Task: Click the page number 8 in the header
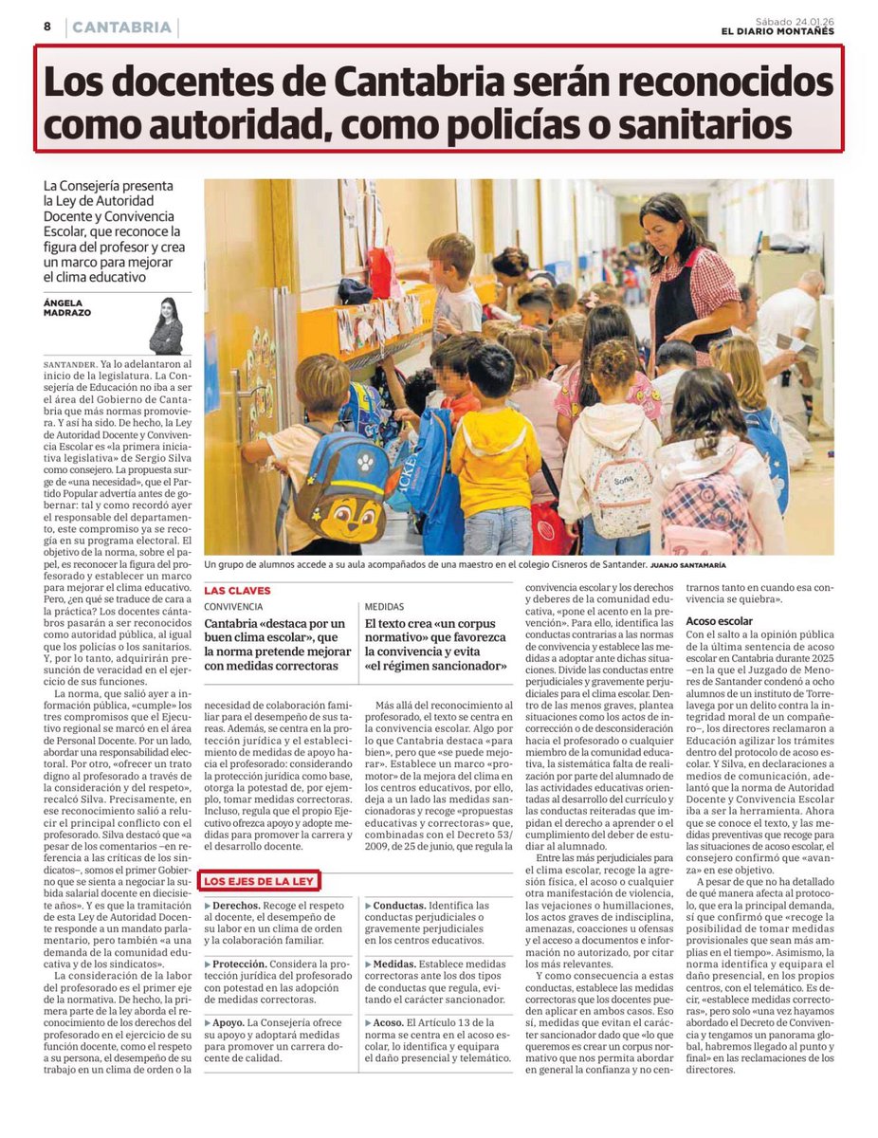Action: pyautogui.click(x=46, y=27)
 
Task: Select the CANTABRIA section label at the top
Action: pyautogui.click(x=121, y=28)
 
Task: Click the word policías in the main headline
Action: pyautogui.click(x=537, y=124)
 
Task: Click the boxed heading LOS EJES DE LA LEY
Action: pyautogui.click(x=260, y=881)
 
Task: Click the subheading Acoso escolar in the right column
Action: pyautogui.click(x=719, y=621)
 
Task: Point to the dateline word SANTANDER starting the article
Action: pyautogui.click(x=70, y=363)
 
